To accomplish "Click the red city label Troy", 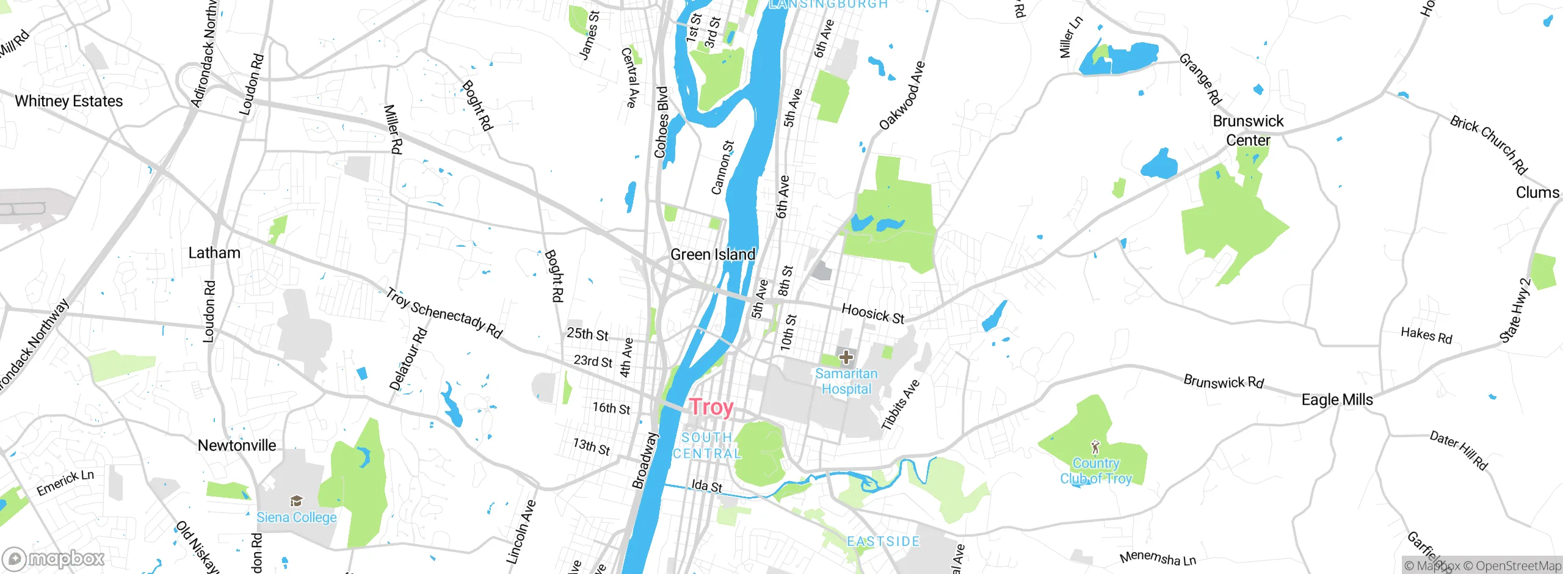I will pyautogui.click(x=711, y=407).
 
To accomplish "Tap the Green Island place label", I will pyautogui.click(x=713, y=254).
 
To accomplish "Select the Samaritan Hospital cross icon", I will pyautogui.click(x=846, y=357).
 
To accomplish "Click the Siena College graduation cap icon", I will pyautogui.click(x=296, y=501).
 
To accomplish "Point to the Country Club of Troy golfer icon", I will pyautogui.click(x=1095, y=447).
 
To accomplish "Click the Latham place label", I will pyautogui.click(x=214, y=253).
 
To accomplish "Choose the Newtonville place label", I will pyautogui.click(x=237, y=445).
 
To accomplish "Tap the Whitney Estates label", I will pyautogui.click(x=68, y=101).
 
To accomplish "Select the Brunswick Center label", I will pyautogui.click(x=1248, y=131).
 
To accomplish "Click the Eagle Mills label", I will pyautogui.click(x=1337, y=400).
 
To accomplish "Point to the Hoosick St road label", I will pyautogui.click(x=872, y=313).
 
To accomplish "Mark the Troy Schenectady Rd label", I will pyautogui.click(x=444, y=313).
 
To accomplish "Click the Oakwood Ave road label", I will pyautogui.click(x=902, y=96).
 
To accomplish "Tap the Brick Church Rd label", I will pyautogui.click(x=1489, y=144).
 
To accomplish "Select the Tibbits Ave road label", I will pyautogui.click(x=900, y=405).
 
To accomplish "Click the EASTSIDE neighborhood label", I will pyautogui.click(x=883, y=542).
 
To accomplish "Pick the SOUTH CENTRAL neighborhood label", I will pyautogui.click(x=707, y=446).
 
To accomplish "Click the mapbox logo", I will pyautogui.click(x=54, y=559).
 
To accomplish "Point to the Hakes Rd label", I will pyautogui.click(x=1426, y=335).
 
